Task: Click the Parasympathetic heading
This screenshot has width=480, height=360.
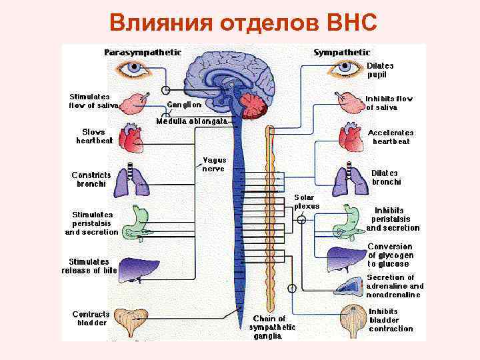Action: click(x=143, y=52)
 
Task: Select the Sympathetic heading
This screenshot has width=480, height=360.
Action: click(x=341, y=52)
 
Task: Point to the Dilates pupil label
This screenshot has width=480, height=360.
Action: click(x=380, y=70)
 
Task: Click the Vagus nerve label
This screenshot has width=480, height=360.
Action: click(x=214, y=164)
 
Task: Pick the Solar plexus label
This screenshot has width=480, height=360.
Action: click(x=307, y=202)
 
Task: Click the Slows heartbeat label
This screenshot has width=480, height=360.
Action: click(x=93, y=136)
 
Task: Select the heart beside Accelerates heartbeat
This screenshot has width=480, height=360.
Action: click(x=351, y=137)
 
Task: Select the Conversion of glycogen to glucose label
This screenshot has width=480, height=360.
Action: click(x=391, y=255)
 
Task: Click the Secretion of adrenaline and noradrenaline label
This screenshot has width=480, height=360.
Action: click(x=395, y=286)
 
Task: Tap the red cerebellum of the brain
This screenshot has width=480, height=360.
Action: click(x=255, y=105)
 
